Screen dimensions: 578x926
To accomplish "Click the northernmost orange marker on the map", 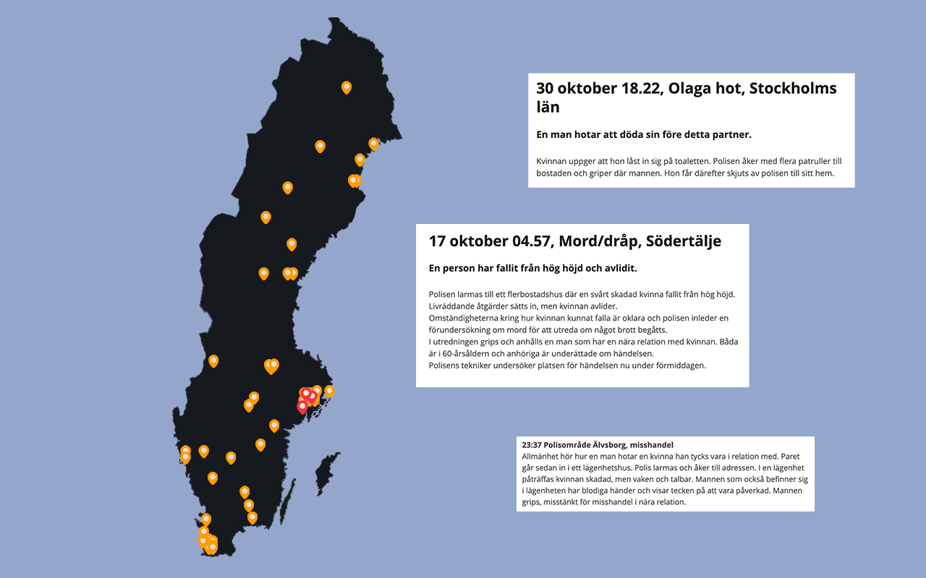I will tap(347, 87).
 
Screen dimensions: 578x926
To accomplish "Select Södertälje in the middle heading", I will tap(684, 241).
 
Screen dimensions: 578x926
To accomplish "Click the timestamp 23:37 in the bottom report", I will tap(532, 445).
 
